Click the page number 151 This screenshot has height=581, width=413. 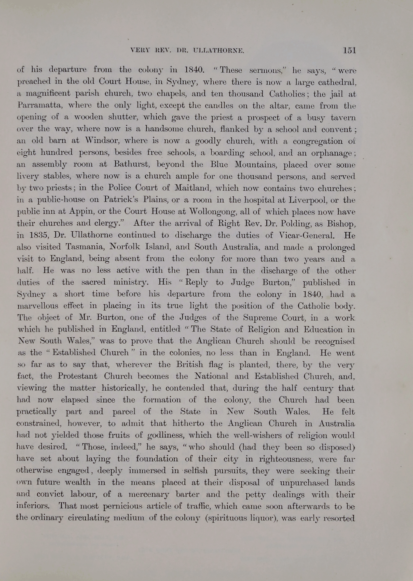(x=349, y=50)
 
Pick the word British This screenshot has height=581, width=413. (x=190, y=364)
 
